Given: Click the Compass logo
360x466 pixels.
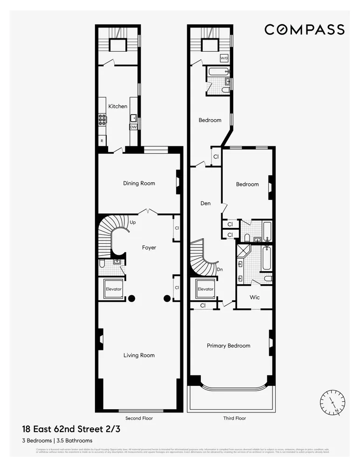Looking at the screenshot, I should click(x=304, y=29).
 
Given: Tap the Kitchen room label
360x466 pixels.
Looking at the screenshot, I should click(x=118, y=106).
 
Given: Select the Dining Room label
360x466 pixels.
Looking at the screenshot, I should click(x=139, y=183).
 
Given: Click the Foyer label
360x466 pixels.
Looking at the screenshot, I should click(x=149, y=247).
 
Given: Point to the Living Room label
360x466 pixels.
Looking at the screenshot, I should click(x=139, y=355).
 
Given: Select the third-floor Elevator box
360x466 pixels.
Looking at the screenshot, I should click(x=205, y=289).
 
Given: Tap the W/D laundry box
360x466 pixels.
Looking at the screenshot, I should click(x=224, y=58).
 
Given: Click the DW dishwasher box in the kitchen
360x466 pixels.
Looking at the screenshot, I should click(x=133, y=127).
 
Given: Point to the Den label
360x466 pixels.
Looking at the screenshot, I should click(x=205, y=203).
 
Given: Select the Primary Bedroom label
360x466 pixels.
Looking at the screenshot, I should click(x=229, y=346).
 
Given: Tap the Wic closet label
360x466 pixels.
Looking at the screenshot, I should click(x=254, y=297).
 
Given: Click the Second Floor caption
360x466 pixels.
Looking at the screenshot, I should click(x=139, y=418).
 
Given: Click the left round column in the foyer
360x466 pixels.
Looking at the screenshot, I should click(x=131, y=298).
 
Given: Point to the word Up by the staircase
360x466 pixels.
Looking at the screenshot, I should click(x=133, y=222).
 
